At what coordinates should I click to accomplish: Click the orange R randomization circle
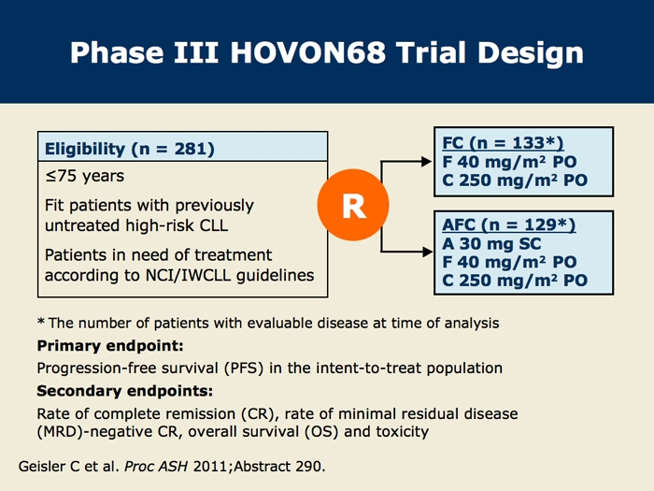click(353, 205)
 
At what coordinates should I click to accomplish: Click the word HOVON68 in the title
click(307, 52)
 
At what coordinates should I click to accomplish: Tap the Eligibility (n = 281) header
click(129, 149)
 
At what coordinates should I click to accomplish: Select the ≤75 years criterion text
click(85, 176)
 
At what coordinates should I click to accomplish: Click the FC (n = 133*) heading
click(503, 143)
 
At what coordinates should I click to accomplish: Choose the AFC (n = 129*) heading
click(509, 224)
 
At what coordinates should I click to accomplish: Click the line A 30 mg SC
click(491, 243)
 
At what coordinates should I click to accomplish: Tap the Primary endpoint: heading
click(110, 346)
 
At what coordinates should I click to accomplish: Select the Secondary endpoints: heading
click(124, 391)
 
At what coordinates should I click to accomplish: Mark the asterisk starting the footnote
click(41, 322)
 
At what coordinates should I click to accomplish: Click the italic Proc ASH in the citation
click(156, 466)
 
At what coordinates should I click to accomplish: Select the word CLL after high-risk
click(214, 225)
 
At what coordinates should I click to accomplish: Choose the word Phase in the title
click(117, 52)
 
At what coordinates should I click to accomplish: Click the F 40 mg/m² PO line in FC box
click(509, 162)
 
